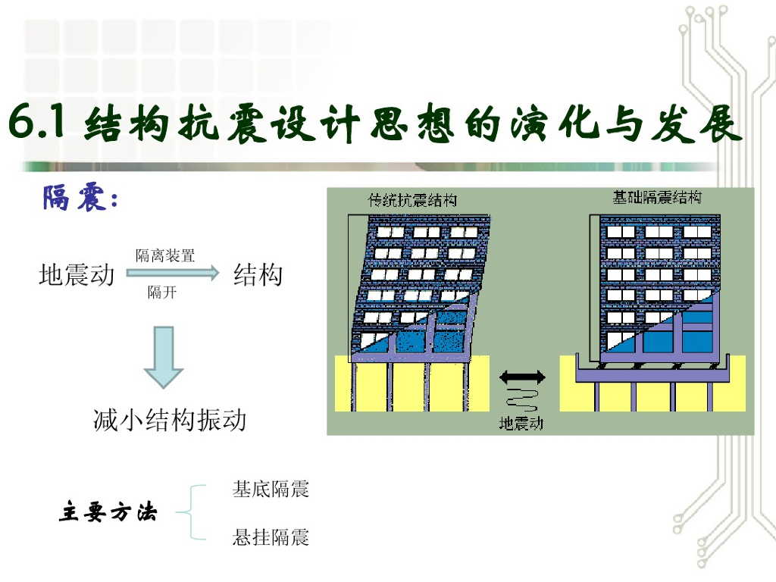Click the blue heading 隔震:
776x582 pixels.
click(80, 199)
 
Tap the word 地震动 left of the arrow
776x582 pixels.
click(76, 274)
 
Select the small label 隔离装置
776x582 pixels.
click(165, 256)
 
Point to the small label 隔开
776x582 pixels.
click(161, 293)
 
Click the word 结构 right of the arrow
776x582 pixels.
click(258, 274)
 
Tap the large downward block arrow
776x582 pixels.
click(164, 356)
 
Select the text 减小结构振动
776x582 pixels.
click(170, 419)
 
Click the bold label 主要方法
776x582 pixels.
click(108, 513)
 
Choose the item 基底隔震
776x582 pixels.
click(271, 489)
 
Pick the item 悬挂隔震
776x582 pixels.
click(271, 538)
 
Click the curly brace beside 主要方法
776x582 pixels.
click(190, 513)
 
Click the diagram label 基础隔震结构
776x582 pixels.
click(657, 198)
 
